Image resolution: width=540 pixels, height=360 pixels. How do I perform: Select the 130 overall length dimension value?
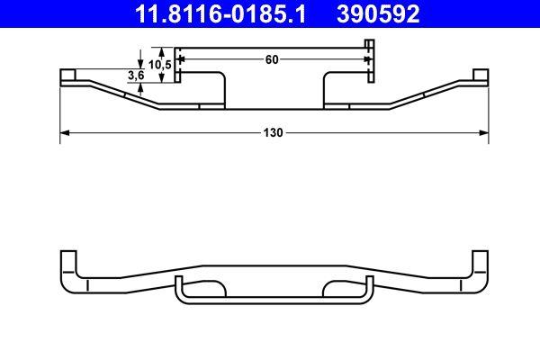pos(274,132)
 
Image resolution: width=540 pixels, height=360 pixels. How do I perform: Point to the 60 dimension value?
pos(272,59)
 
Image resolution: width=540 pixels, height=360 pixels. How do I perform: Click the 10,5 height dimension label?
pos(160,65)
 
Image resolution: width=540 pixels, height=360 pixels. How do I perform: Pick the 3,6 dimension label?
pos(137,76)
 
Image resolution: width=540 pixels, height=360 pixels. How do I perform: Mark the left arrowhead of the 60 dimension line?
pos(179,59)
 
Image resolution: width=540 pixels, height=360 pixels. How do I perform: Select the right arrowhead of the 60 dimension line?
pos(366,59)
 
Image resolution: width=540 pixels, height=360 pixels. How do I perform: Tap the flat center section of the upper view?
pos(273,108)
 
